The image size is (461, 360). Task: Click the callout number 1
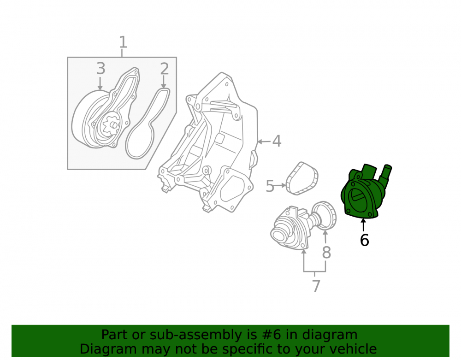coord(123,42)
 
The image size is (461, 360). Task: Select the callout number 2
coord(165,69)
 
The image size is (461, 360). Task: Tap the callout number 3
coord(101,69)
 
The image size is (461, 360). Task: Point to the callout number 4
coord(277,142)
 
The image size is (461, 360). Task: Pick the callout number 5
coord(270,186)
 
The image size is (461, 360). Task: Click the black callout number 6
coord(364,240)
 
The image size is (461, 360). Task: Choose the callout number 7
coord(316,286)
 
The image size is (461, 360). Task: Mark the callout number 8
coord(326,253)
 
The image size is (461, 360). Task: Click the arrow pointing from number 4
coord(264,142)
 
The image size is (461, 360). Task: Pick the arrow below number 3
coord(100,83)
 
